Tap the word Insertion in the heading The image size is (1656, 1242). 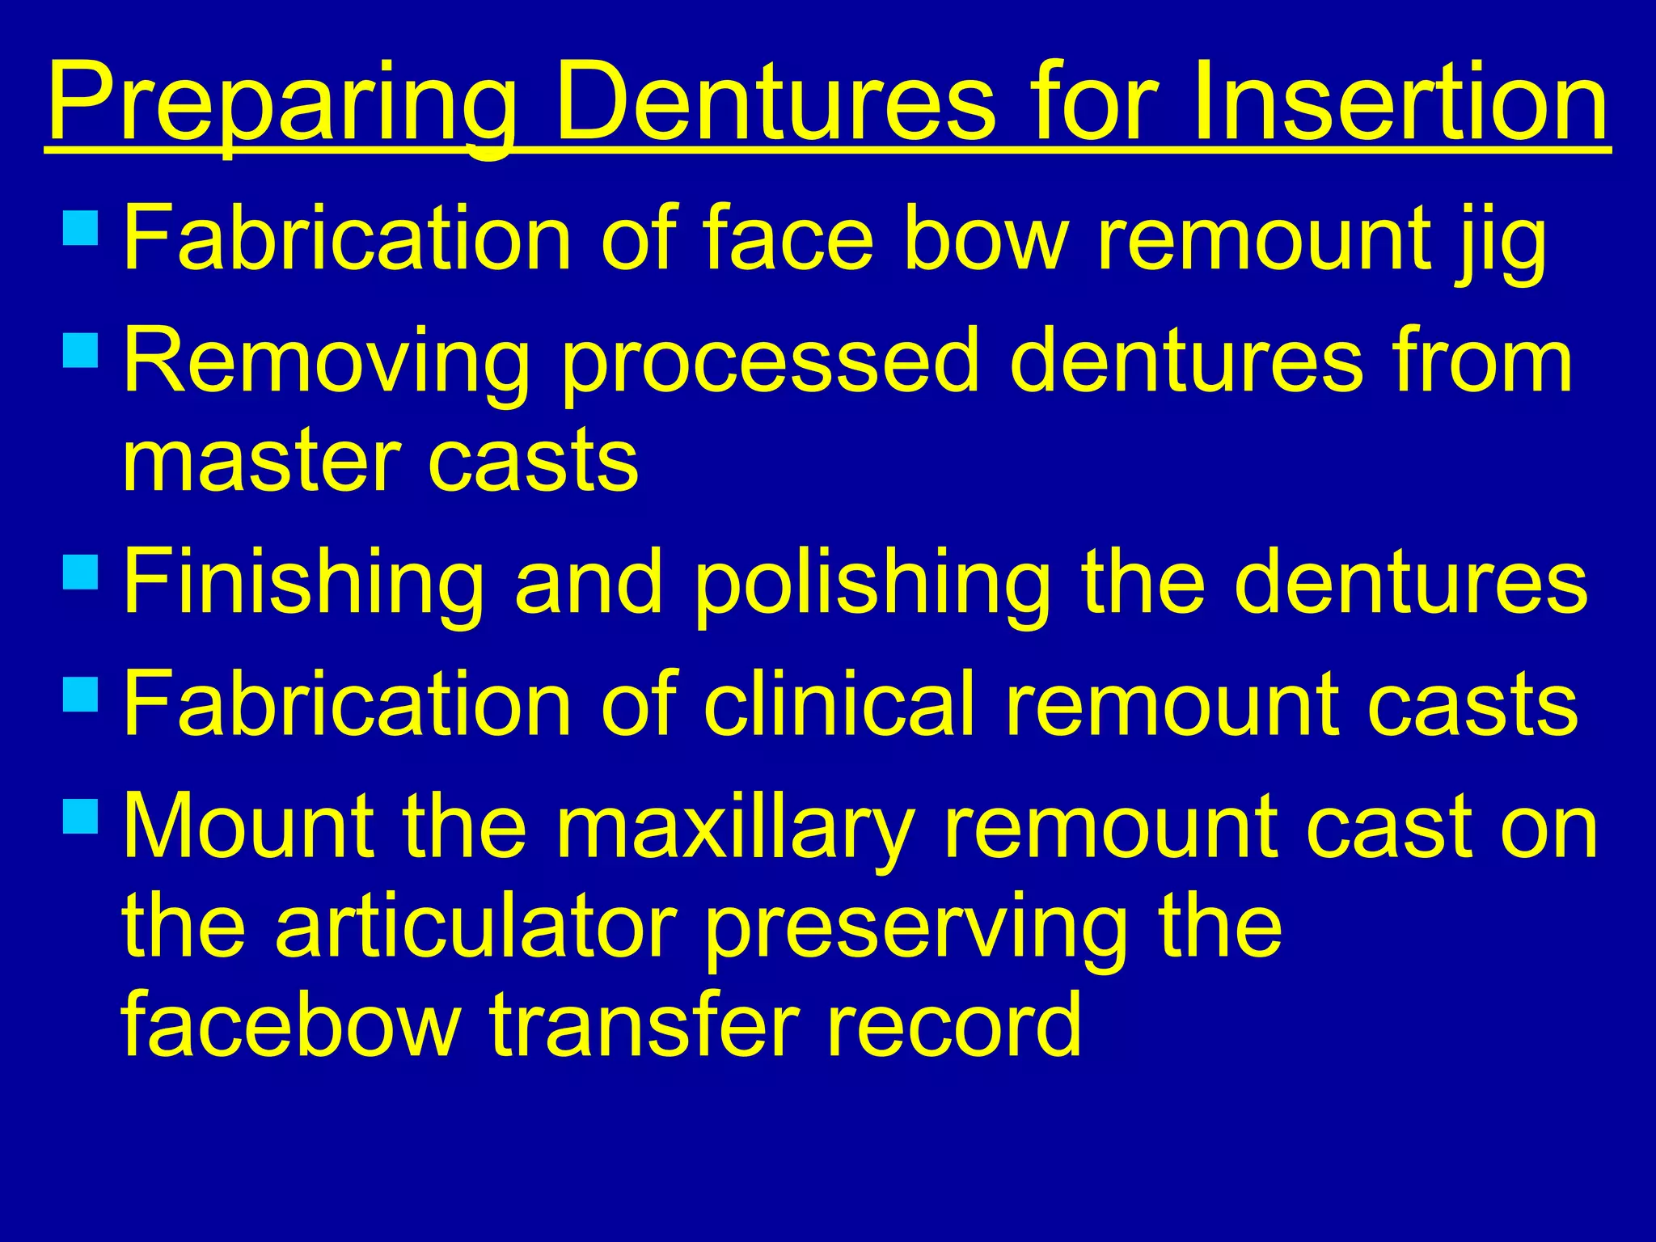pyautogui.click(x=1399, y=103)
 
